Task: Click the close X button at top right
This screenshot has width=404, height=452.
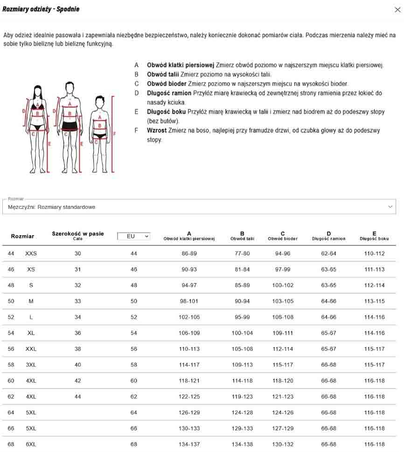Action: (397, 9)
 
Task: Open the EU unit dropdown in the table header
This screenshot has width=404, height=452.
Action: (134, 236)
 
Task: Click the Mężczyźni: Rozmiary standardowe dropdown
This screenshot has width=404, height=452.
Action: (199, 207)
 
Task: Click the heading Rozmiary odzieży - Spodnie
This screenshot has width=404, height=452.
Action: (41, 9)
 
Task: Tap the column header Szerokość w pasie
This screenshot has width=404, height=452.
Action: (78, 234)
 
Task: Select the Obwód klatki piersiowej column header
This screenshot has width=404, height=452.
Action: (189, 236)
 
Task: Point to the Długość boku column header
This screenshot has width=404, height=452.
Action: (374, 236)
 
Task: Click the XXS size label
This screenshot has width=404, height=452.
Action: (31, 253)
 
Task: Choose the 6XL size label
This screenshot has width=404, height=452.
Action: (31, 444)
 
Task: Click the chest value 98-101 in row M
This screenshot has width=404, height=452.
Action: (189, 301)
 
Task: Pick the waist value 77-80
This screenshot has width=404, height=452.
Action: (242, 253)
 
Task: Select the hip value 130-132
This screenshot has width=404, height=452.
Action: (283, 444)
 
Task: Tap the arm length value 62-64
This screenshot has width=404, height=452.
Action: (328, 253)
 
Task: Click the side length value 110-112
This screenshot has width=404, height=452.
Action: (374, 253)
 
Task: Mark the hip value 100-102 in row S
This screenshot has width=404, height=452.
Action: (283, 285)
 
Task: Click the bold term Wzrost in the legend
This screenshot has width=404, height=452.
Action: (157, 130)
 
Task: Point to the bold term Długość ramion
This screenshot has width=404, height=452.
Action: (169, 93)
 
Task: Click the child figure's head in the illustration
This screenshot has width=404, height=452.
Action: (99, 101)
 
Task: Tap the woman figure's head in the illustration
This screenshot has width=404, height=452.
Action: (37, 90)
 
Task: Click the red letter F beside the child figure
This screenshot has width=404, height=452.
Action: (114, 133)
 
